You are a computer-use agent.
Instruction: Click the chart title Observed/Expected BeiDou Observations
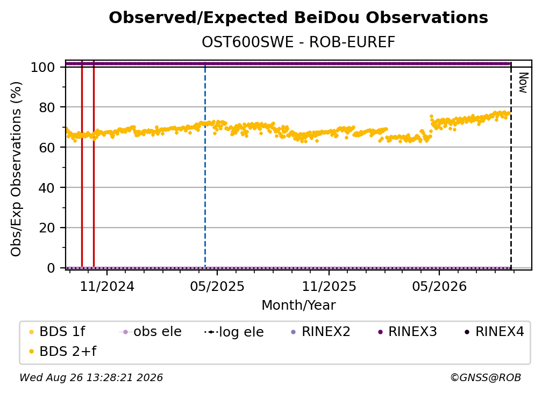(298, 18)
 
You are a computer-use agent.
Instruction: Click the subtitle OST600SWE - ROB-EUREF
(298, 42)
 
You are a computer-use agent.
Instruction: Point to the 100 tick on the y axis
(42, 67)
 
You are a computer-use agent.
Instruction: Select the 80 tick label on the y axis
(47, 107)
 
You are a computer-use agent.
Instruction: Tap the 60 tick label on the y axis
(47, 147)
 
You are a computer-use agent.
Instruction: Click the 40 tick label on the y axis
(47, 188)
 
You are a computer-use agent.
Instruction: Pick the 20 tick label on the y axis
(47, 228)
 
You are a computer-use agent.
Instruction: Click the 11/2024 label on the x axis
(107, 286)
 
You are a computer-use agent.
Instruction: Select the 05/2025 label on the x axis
(217, 286)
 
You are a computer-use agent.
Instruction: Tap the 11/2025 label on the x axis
(329, 286)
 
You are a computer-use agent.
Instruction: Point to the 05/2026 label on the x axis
(439, 286)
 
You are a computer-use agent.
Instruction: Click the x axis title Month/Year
(298, 305)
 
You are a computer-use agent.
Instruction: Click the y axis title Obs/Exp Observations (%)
(16, 169)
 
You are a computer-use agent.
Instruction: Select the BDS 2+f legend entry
(62, 351)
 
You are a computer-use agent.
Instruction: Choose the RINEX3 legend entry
(408, 332)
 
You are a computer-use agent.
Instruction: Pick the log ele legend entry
(234, 332)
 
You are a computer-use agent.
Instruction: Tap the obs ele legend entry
(151, 332)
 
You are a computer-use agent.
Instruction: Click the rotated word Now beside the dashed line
(524, 83)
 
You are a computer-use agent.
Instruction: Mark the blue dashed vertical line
(205, 165)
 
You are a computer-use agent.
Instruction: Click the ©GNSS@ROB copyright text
(486, 378)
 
